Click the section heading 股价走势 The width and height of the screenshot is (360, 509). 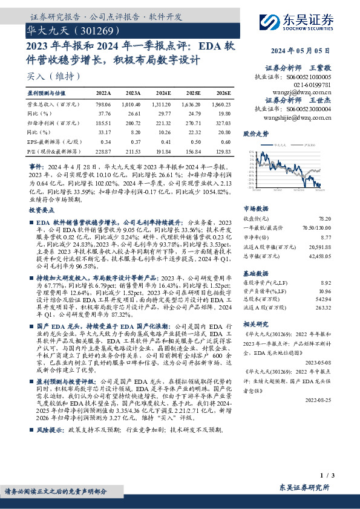coord(255,132)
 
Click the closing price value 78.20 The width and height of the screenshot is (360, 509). coord(326,218)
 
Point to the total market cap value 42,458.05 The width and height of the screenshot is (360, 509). coord(321,256)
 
